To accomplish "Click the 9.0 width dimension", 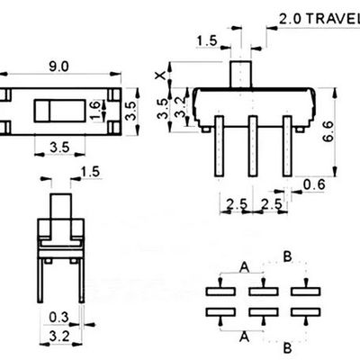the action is [59, 67].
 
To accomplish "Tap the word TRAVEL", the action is [334, 19].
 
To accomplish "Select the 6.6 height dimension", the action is [328, 131].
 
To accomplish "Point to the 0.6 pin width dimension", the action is [314, 184].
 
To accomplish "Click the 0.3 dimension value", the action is [58, 317].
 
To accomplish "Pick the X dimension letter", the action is [160, 75].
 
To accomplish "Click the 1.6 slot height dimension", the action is [94, 111].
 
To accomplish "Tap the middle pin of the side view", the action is [253, 146].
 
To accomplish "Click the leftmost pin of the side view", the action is [220, 146].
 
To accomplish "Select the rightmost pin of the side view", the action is [287, 146].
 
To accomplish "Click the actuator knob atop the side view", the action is [240, 75].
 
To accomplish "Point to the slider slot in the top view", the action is [59, 111].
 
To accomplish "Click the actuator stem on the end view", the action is [61, 206].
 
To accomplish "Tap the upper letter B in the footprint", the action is [287, 257].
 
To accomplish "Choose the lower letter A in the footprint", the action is [245, 337].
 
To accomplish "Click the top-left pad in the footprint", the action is [220, 292].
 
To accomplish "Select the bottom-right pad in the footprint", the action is [306, 312].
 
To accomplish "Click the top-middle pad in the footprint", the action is [264, 292].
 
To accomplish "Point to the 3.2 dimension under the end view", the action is [59, 337].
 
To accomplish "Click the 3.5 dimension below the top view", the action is [59, 148].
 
